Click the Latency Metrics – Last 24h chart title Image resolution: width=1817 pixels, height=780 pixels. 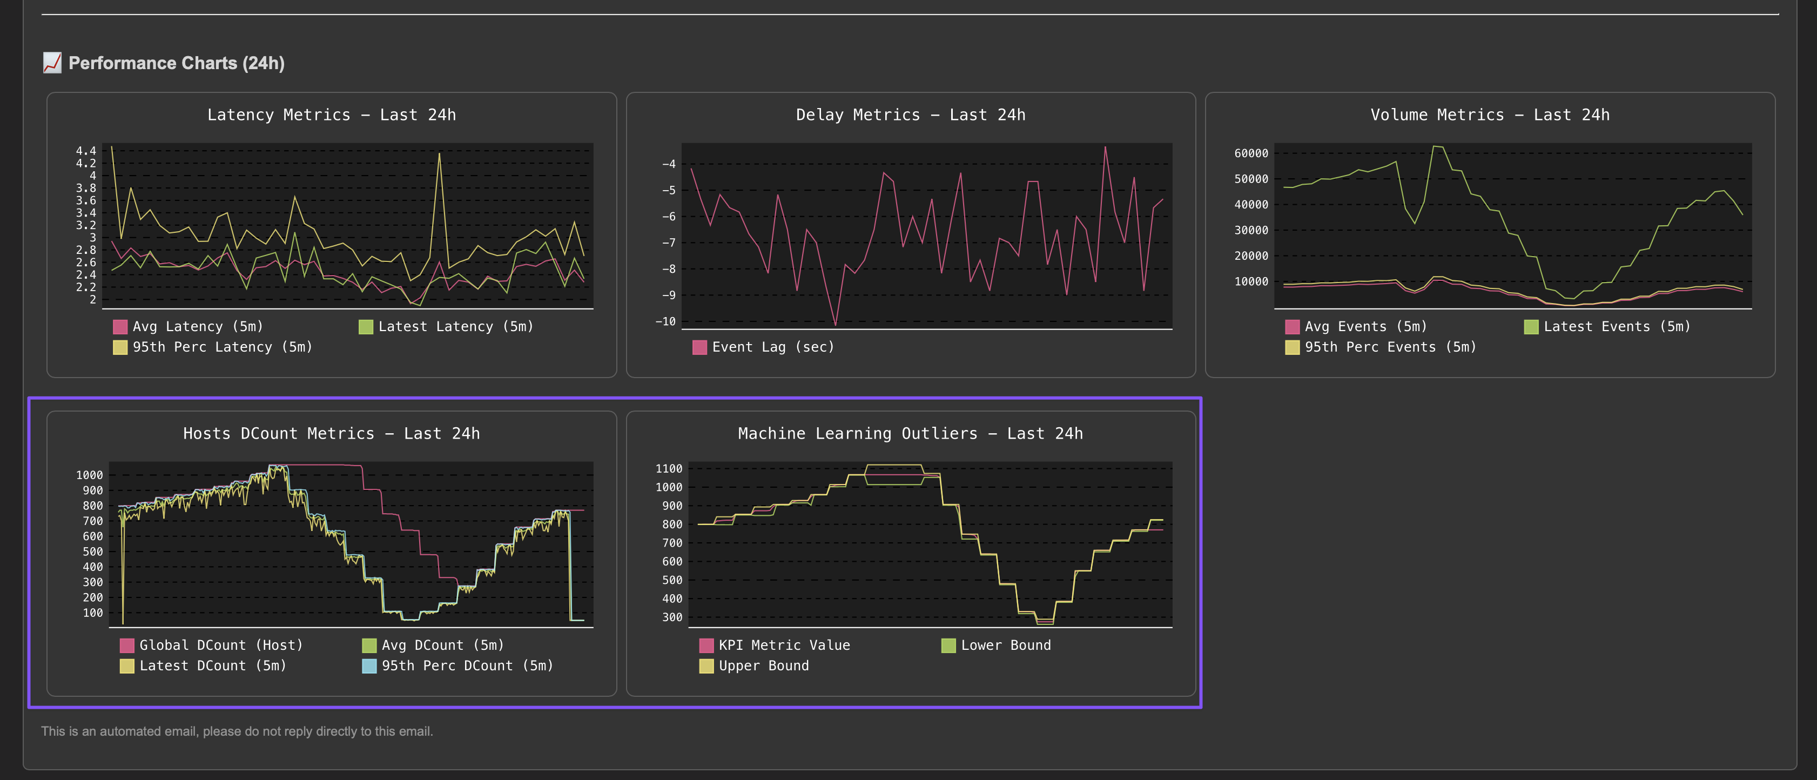click(332, 115)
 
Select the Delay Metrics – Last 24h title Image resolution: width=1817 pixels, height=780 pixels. click(911, 115)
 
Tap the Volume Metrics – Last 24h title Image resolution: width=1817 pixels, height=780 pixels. click(1490, 115)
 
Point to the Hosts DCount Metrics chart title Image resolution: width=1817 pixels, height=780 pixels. click(332, 434)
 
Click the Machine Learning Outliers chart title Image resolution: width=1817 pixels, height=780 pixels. click(911, 434)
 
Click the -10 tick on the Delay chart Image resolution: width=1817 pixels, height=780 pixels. click(665, 321)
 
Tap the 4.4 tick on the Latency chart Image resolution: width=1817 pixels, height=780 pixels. click(86, 151)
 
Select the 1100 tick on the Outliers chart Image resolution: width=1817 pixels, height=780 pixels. click(669, 469)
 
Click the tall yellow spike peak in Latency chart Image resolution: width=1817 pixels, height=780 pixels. click(440, 154)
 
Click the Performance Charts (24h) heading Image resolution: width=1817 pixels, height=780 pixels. click(176, 64)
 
